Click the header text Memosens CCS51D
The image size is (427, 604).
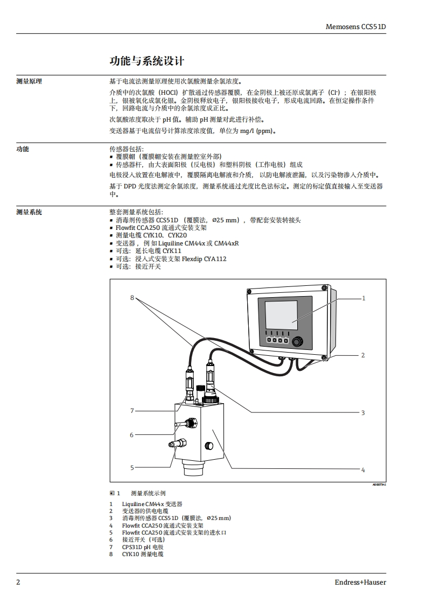pos(356,26)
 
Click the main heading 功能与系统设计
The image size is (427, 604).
pos(147,61)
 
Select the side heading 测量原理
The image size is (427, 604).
pos(29,81)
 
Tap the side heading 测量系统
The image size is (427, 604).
pos(29,212)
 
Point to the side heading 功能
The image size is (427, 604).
pos(23,149)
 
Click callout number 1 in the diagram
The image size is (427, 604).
pos(363,298)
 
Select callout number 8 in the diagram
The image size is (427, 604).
pos(131,298)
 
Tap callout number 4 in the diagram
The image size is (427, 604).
pos(363,469)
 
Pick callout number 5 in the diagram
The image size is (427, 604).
pos(131,468)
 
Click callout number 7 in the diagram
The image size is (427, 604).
pos(131,411)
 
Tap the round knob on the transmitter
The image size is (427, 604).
pos(297,340)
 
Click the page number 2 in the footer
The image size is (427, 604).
pos(18,582)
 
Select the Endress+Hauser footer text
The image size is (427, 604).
pos(360,582)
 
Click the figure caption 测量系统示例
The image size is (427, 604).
pos(148,493)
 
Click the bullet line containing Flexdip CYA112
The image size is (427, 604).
pos(171,259)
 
